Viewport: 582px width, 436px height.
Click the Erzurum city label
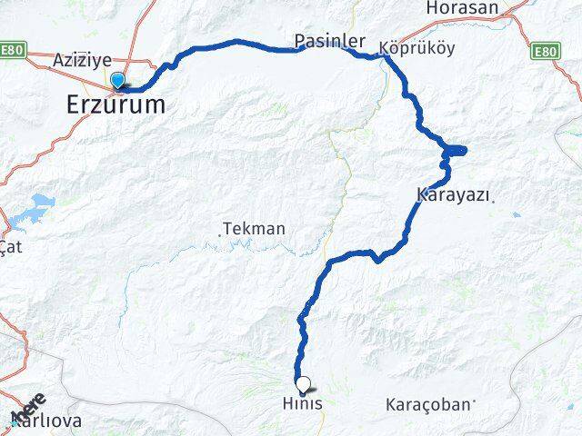116,104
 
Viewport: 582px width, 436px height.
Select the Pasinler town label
329,42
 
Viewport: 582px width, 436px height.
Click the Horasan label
461,8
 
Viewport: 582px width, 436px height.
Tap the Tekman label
255,229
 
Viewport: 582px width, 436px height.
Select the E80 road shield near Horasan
545,51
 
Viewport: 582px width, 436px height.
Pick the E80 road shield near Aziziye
14,51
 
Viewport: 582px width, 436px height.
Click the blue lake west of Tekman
42,203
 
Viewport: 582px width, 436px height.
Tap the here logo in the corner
28,406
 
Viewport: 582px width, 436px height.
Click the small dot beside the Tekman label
220,234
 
